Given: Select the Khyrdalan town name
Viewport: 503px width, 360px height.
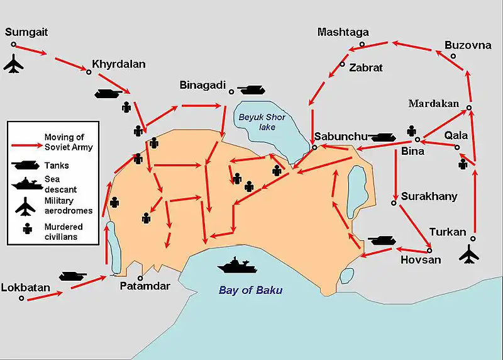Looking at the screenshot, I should point(119,64).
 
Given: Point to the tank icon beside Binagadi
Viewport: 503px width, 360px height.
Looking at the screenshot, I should point(250,90).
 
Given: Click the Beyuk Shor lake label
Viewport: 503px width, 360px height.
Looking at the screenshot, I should point(262,121).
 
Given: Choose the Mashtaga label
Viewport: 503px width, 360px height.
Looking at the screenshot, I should point(343,32).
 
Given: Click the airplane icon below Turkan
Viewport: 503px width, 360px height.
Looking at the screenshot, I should point(469,255).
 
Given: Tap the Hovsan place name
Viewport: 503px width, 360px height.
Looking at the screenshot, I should point(421,259).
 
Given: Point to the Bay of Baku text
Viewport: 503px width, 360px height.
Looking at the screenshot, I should point(250,291).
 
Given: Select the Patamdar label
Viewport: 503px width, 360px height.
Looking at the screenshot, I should point(145,286).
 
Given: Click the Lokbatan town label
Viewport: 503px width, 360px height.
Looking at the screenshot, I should point(25,288).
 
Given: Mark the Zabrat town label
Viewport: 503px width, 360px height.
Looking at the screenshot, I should point(366,67).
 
